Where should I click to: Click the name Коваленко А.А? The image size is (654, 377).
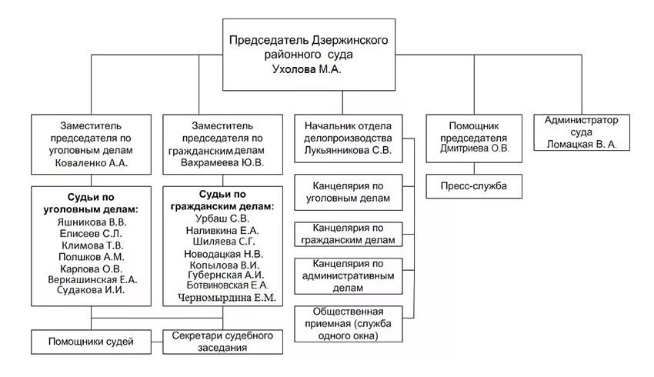tap(91, 163)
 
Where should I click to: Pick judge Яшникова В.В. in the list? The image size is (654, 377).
tap(91, 222)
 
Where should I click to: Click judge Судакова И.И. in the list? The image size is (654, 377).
tap(91, 291)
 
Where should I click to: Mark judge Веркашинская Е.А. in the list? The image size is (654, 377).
tap(91, 279)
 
